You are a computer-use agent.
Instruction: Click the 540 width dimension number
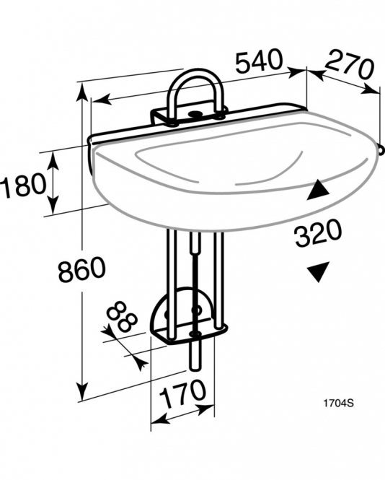(x=259, y=61)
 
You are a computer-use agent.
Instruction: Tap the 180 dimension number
(x=23, y=184)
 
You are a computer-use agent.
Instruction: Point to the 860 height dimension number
(x=82, y=269)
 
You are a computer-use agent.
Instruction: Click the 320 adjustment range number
(x=318, y=233)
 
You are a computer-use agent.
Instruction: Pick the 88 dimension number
(x=122, y=317)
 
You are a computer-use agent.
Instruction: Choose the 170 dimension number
(x=182, y=394)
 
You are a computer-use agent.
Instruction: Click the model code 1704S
(x=339, y=403)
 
